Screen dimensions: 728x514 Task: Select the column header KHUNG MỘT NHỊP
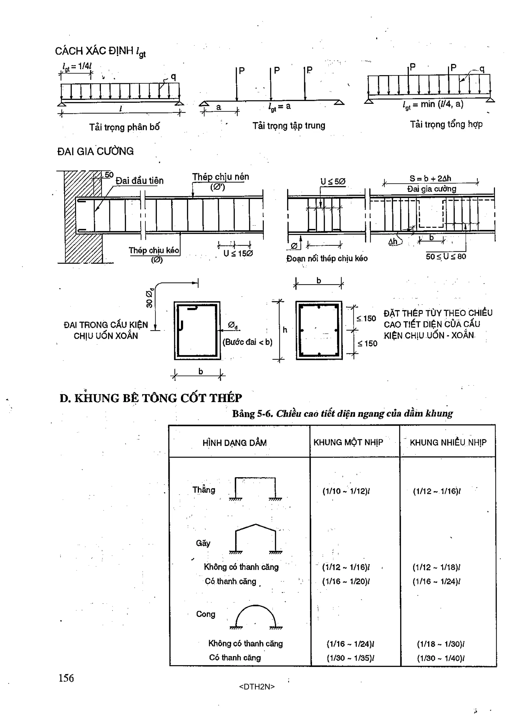[x=348, y=442]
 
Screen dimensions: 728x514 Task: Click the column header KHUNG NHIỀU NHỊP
[x=448, y=442]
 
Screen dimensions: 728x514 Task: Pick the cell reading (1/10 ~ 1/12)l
[x=346, y=491]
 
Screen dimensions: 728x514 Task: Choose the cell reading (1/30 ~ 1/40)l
[x=440, y=658]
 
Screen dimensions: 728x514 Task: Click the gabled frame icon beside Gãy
[x=255, y=539]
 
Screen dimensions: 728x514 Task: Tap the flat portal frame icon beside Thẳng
[x=255, y=489]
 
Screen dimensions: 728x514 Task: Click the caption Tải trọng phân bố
[x=124, y=127]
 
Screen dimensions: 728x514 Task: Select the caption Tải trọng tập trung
[x=289, y=126]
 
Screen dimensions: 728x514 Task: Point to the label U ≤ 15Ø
[x=238, y=254]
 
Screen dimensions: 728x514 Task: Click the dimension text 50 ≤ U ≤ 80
[x=445, y=257]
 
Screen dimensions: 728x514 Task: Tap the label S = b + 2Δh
[x=430, y=178]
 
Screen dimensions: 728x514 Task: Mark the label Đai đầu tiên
[x=139, y=181]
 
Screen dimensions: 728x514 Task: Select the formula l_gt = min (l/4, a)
[x=433, y=105]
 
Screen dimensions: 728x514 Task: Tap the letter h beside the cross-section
[x=285, y=330]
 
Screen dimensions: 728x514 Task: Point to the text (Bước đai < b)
[x=247, y=342]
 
